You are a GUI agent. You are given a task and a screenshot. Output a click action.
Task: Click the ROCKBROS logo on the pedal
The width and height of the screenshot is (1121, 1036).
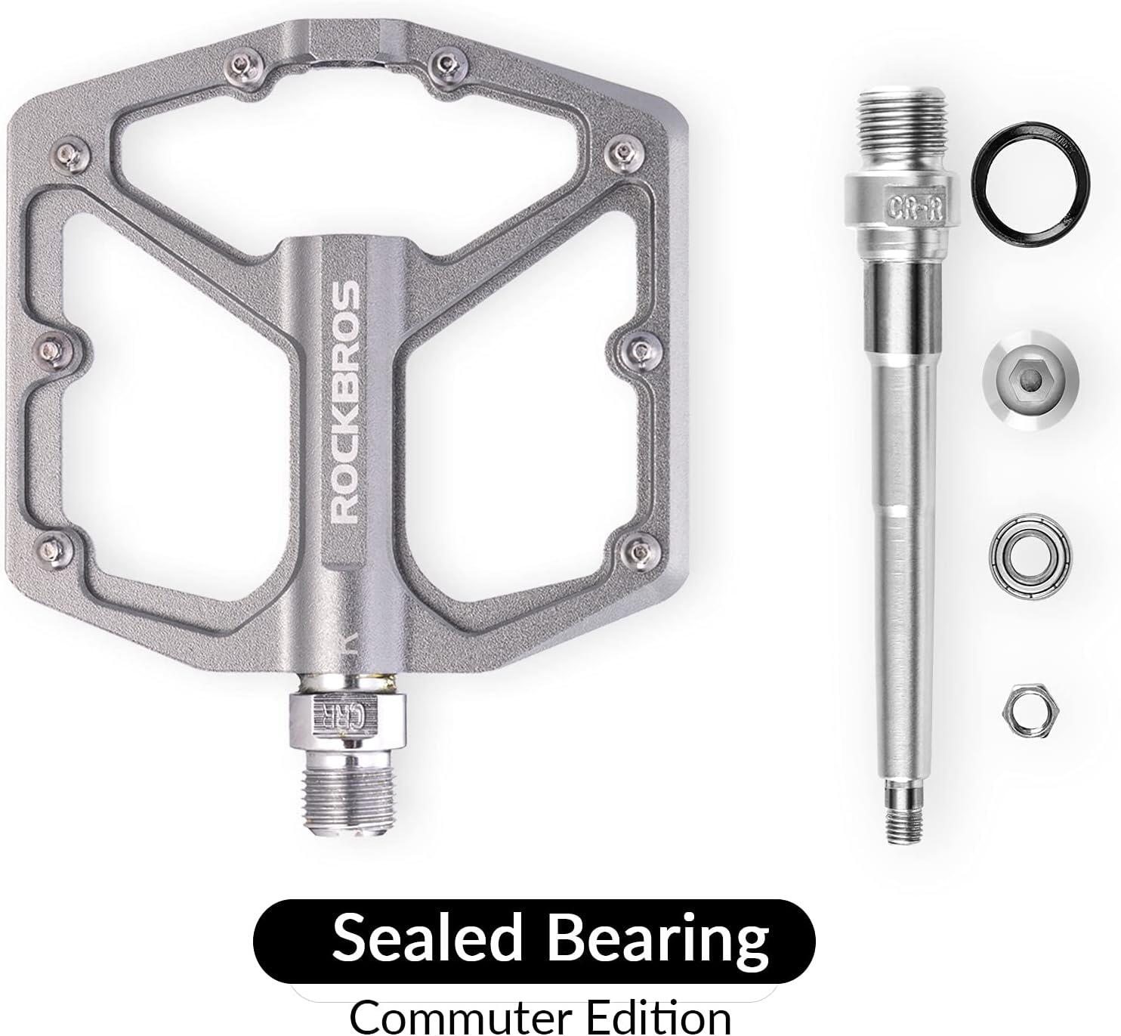click(344, 401)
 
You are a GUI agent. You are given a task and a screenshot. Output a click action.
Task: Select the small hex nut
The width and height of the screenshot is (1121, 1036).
click(1030, 712)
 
